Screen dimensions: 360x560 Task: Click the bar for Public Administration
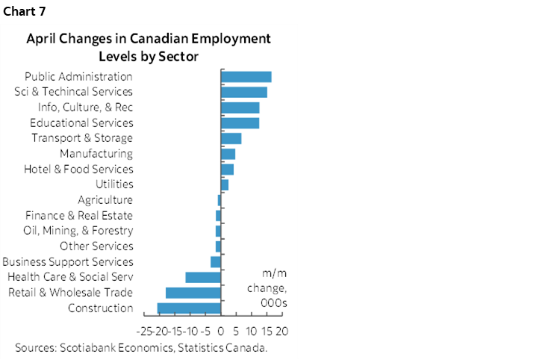tap(246, 76)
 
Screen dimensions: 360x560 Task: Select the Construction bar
tap(189, 308)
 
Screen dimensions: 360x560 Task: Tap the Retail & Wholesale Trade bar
tap(193, 292)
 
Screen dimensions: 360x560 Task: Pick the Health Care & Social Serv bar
tap(203, 277)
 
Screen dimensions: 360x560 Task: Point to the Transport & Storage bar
tap(231, 138)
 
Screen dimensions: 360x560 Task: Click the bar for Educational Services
tap(240, 122)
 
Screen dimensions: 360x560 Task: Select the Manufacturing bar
tap(228, 153)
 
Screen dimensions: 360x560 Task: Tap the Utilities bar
tap(224, 184)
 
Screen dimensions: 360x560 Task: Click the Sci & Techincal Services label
tap(74, 92)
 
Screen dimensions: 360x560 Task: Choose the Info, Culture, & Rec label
tap(85, 107)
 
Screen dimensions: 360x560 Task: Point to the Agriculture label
tap(105, 199)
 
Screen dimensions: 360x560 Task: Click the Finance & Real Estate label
tap(79, 215)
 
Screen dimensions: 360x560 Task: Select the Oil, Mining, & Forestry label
tap(78, 231)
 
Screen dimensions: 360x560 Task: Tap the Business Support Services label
tap(68, 261)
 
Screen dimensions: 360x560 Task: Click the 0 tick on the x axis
tap(221, 329)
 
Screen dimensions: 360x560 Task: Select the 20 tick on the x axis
tap(281, 329)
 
